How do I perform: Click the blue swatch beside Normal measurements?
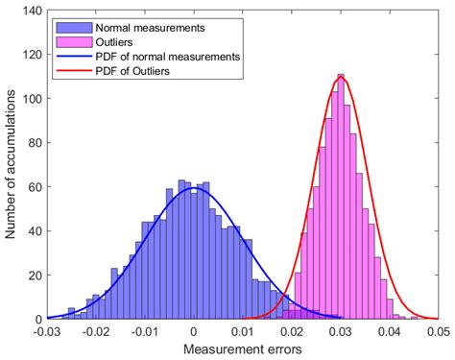[x=66, y=20]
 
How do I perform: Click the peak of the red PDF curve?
[x=342, y=78]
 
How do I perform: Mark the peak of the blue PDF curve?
[x=192, y=188]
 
